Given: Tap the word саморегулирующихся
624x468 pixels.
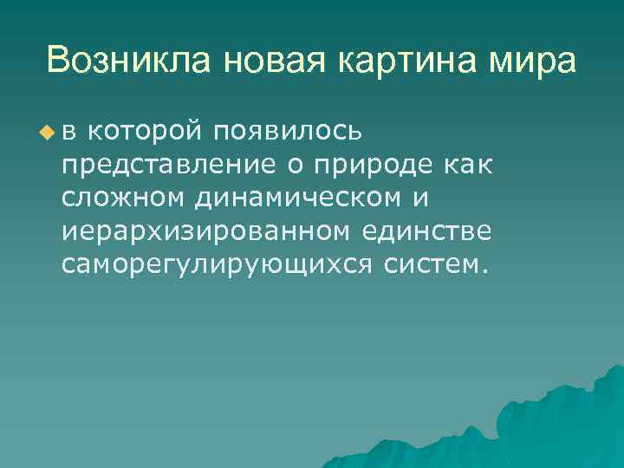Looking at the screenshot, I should tap(216, 263).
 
